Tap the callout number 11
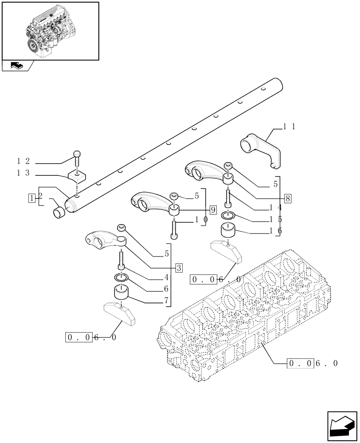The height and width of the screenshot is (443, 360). click(x=290, y=127)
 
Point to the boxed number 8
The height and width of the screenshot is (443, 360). click(x=287, y=198)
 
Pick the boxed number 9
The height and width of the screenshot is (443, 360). click(x=213, y=209)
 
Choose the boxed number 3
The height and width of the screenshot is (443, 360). click(x=178, y=268)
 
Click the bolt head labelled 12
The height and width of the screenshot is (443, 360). click(x=77, y=155)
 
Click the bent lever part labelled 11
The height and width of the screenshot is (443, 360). click(x=262, y=148)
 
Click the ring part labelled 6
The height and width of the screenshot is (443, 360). click(x=121, y=278)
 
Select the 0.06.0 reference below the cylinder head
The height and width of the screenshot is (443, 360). click(x=313, y=364)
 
